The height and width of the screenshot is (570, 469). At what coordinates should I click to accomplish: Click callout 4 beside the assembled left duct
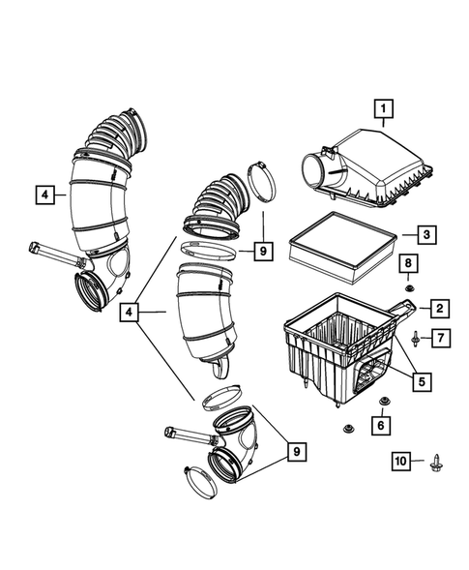point(45,195)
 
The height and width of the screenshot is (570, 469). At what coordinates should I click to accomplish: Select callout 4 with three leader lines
point(129,313)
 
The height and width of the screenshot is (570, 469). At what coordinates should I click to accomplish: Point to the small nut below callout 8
point(408,285)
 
